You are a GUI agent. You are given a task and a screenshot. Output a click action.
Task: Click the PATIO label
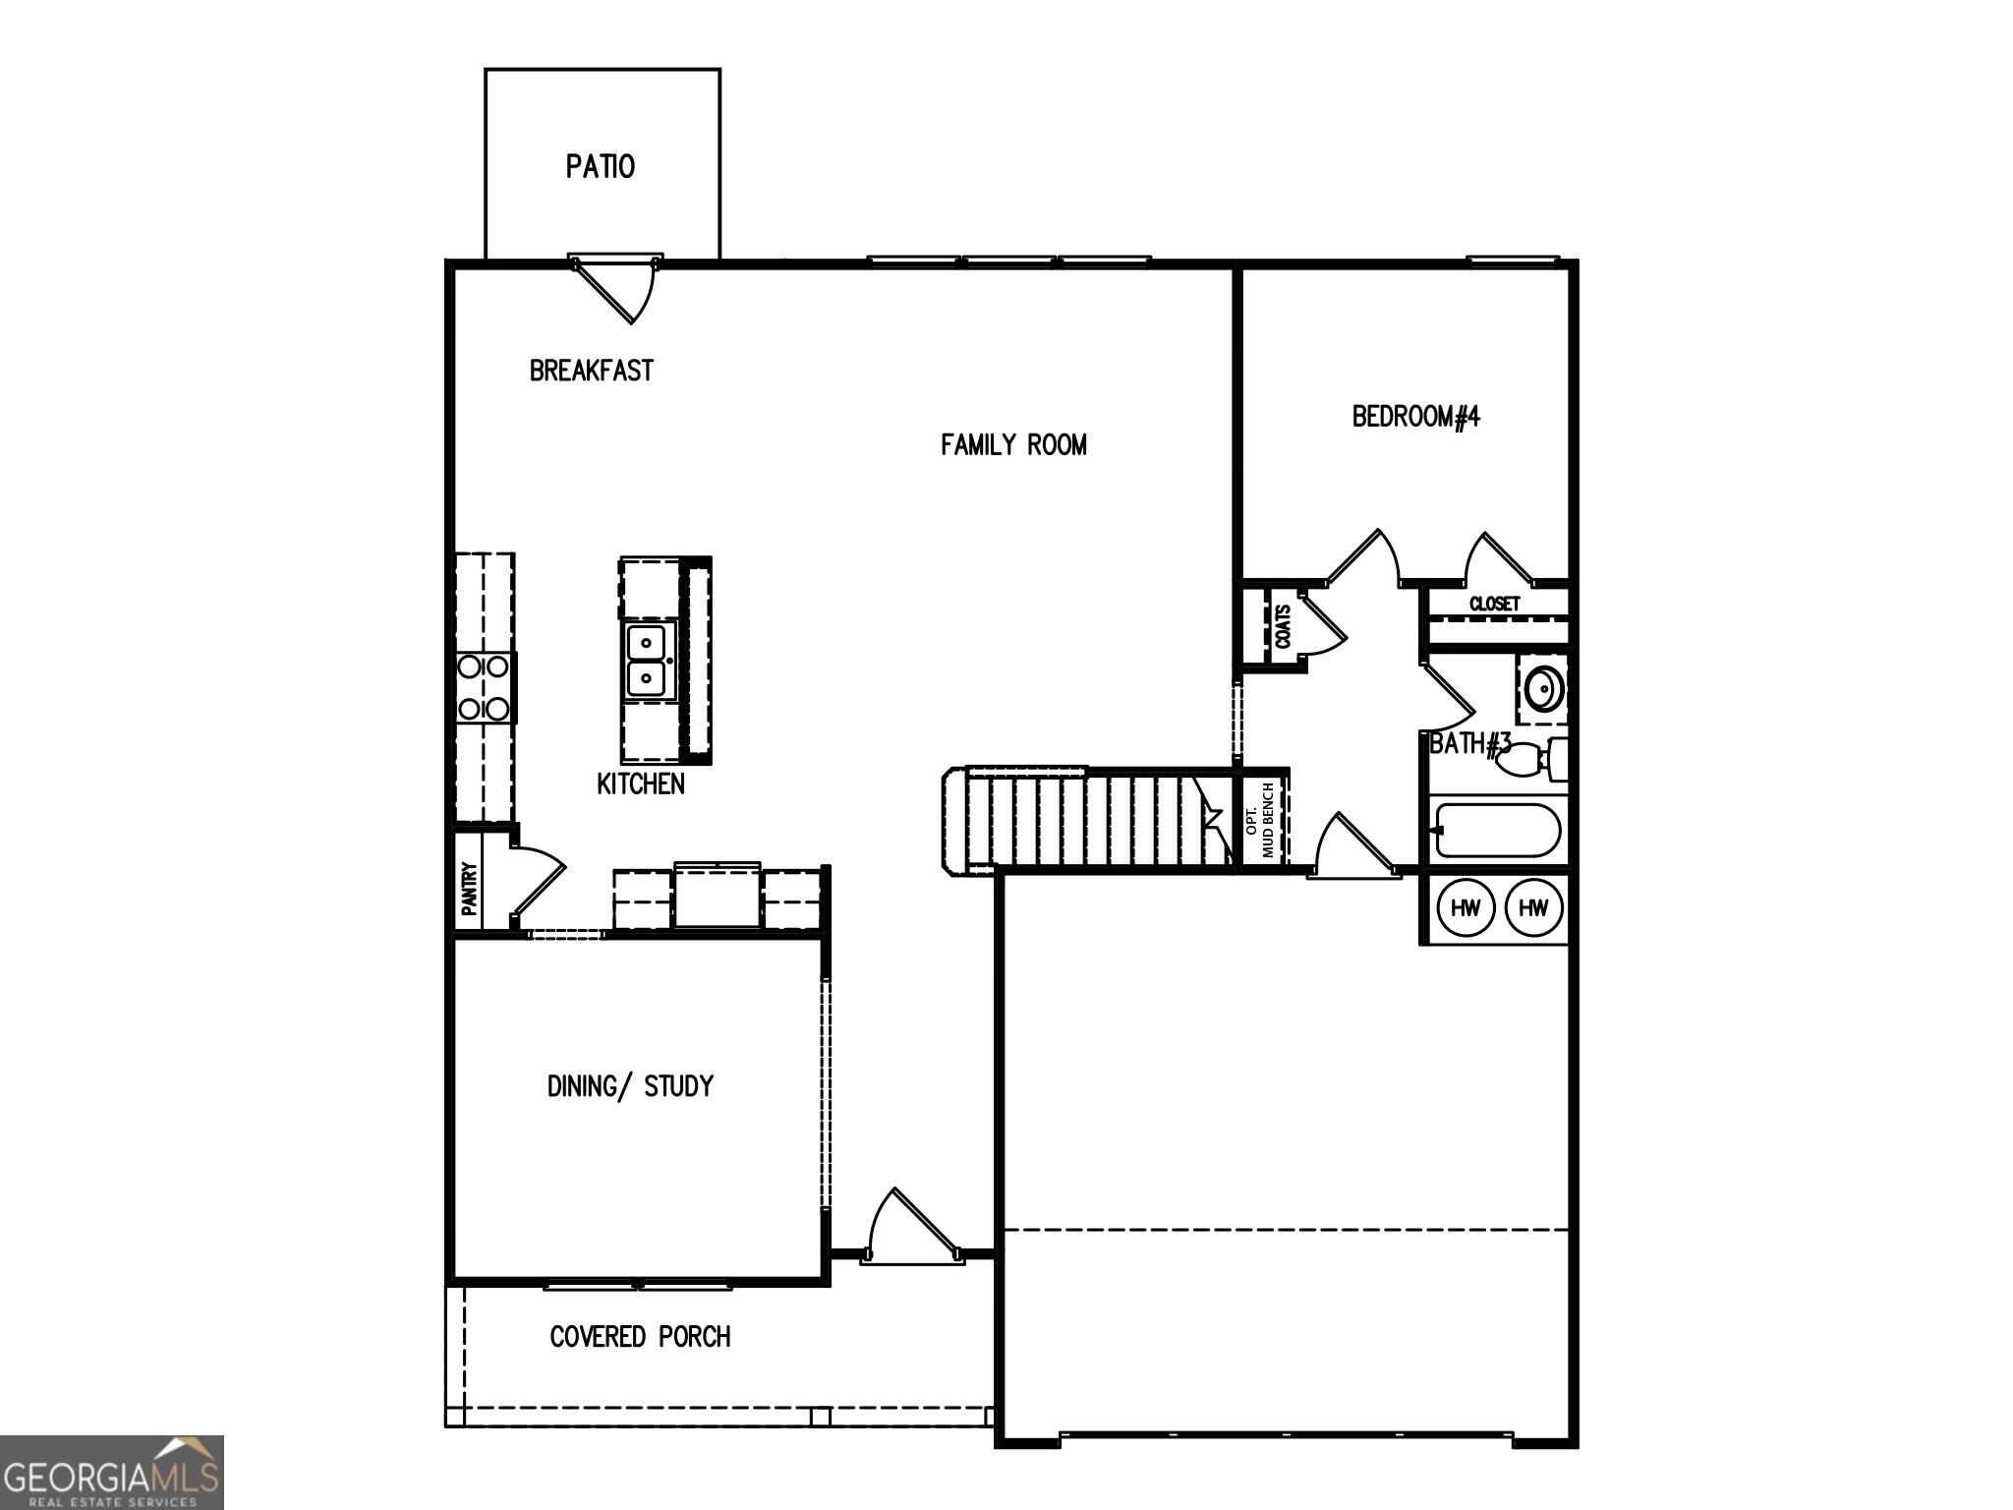[600, 166]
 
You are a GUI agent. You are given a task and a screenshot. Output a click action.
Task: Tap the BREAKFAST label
[591, 371]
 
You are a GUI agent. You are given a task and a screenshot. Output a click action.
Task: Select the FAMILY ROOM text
[1013, 445]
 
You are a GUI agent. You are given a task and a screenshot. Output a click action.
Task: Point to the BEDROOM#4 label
[1415, 417]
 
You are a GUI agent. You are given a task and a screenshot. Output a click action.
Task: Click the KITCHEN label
[641, 784]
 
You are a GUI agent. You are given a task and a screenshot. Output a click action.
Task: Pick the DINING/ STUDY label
[630, 1085]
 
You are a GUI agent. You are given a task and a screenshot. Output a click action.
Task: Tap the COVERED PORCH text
[640, 1336]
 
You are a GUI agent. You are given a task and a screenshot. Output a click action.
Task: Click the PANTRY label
[470, 888]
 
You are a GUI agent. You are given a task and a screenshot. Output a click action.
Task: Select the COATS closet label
[1283, 626]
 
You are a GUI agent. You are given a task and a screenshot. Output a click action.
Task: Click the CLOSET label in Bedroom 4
[1494, 604]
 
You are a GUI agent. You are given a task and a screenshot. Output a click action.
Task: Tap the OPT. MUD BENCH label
[1259, 820]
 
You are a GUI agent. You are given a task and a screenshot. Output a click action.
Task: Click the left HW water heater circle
[1465, 907]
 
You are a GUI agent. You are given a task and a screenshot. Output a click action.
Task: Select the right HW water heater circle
[1533, 907]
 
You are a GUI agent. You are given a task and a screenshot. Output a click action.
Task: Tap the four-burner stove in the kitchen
[484, 687]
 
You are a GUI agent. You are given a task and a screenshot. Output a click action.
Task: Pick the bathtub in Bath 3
[1497, 831]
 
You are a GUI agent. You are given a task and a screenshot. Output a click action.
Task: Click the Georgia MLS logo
[111, 1472]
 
